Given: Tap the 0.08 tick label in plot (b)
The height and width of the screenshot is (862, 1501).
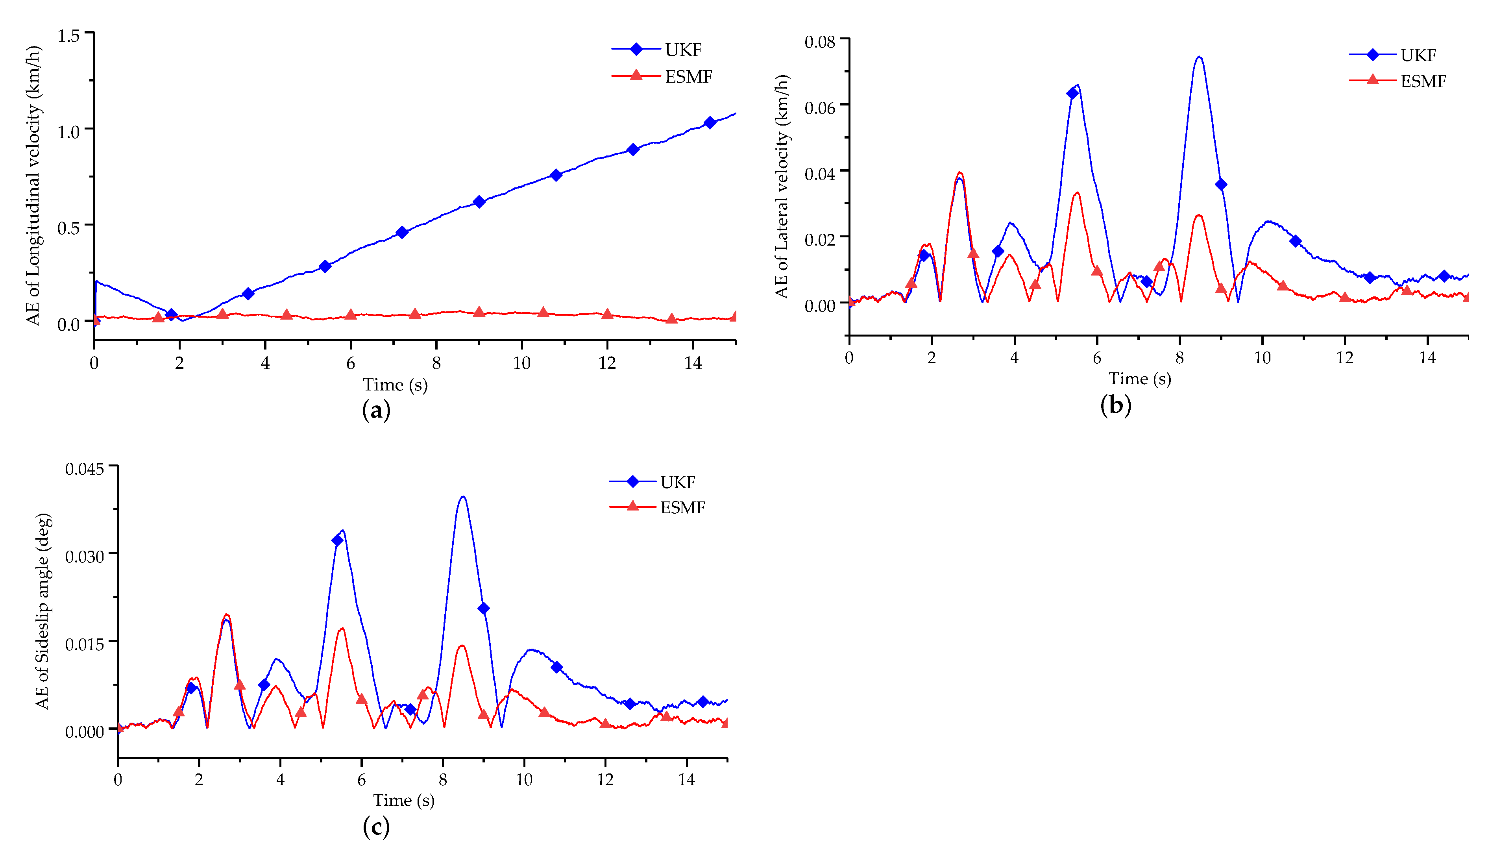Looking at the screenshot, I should pos(820,41).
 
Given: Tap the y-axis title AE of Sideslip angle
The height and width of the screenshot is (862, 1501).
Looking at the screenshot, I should pos(43,611).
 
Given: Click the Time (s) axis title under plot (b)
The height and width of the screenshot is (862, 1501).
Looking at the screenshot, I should pos(1139,379).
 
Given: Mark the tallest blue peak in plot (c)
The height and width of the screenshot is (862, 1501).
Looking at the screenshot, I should pos(463,497).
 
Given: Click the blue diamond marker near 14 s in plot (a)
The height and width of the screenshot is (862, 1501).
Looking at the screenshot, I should pos(710,122).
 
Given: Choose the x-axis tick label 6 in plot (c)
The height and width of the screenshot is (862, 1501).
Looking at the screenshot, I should pos(361,780).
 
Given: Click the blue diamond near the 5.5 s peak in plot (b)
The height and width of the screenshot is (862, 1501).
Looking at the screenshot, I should pos(1072,93).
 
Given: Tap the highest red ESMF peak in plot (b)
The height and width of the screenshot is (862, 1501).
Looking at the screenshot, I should pos(959,173).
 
